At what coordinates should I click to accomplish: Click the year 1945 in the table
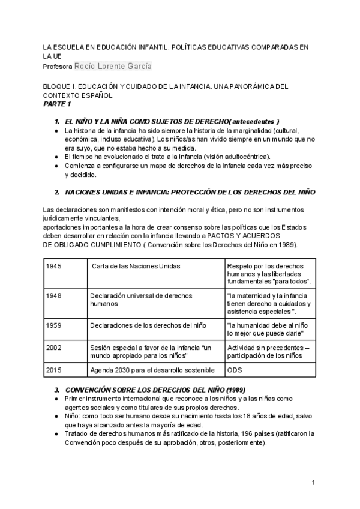point(53,266)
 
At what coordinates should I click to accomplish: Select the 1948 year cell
point(53,295)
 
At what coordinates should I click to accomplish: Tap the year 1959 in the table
point(53,325)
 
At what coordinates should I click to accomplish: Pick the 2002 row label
point(53,348)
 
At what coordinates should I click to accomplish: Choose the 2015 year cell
point(53,370)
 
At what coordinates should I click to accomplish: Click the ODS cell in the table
point(235,370)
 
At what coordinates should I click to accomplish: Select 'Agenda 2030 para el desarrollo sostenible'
point(151,370)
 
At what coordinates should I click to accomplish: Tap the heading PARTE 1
point(57,104)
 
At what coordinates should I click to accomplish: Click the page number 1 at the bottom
point(313,483)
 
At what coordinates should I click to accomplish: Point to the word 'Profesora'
point(58,66)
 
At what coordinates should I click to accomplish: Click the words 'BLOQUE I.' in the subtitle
point(61,87)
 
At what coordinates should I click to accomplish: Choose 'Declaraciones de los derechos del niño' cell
point(148,325)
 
